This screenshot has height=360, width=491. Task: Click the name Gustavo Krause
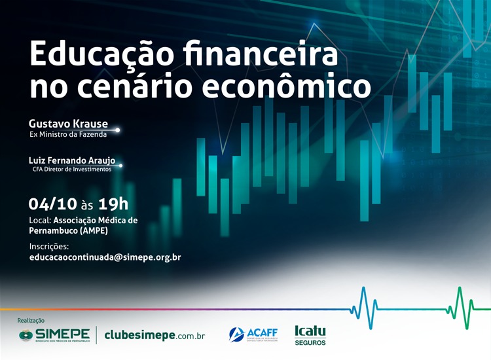(x=68, y=124)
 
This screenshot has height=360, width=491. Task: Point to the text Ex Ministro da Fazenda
(x=68, y=135)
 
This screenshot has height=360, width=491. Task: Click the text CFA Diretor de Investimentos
(x=72, y=169)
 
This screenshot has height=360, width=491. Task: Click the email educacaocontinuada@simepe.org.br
(x=105, y=257)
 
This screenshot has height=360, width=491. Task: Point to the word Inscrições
(x=49, y=246)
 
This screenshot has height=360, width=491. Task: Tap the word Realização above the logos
(x=31, y=321)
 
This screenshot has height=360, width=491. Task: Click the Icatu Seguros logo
(x=310, y=334)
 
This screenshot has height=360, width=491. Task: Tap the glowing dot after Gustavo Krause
(x=117, y=130)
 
